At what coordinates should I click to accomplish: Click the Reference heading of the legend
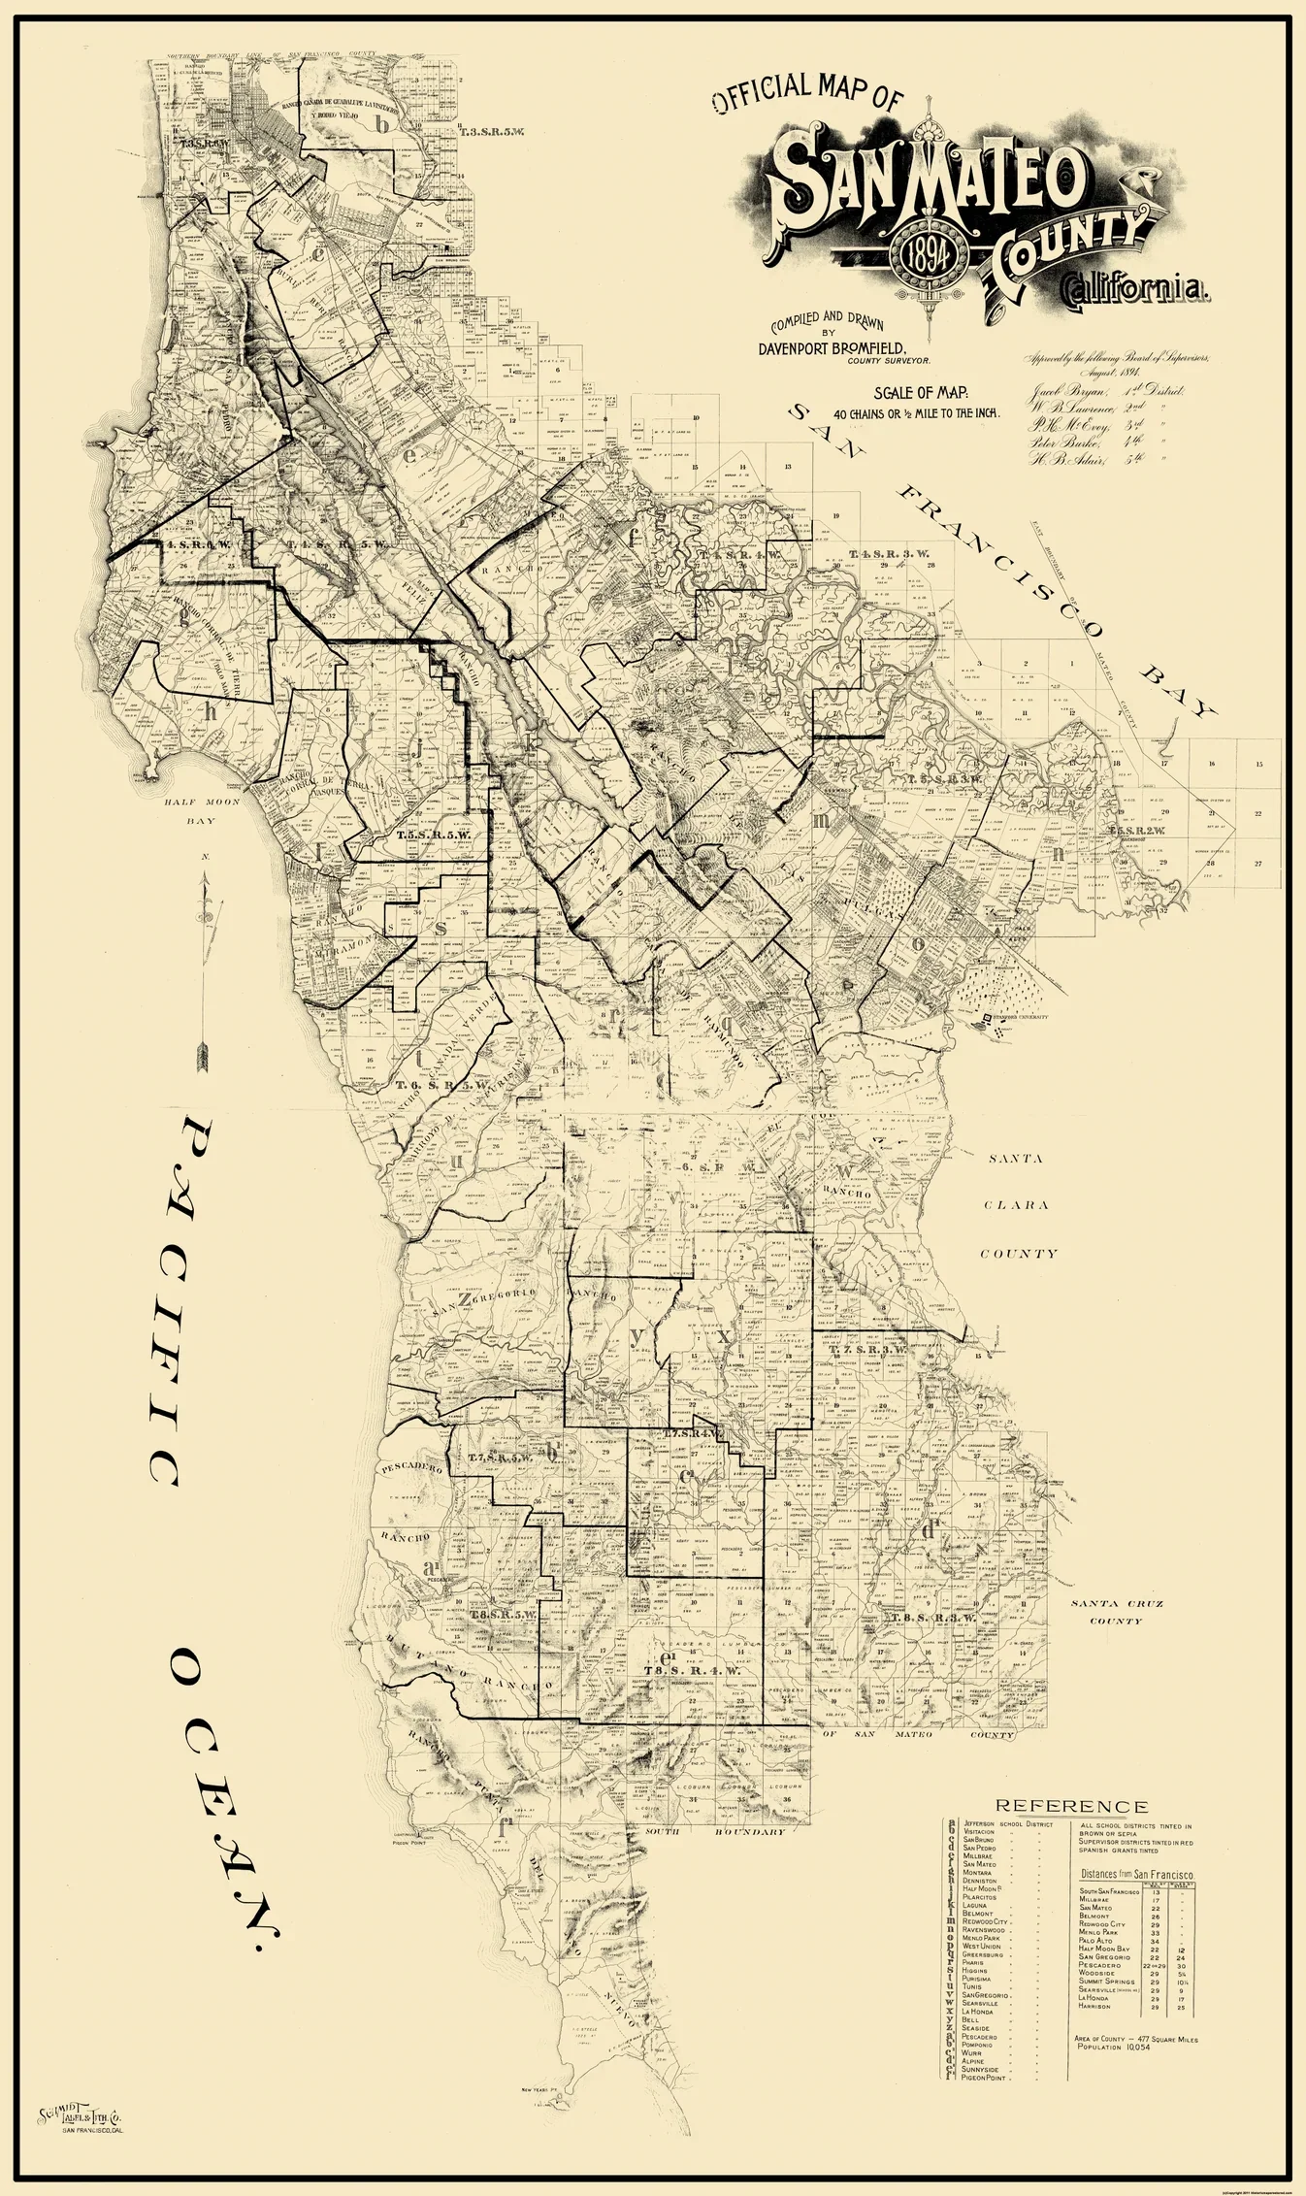coord(1071,1806)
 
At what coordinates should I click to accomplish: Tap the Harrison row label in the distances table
coord(1097,2006)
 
